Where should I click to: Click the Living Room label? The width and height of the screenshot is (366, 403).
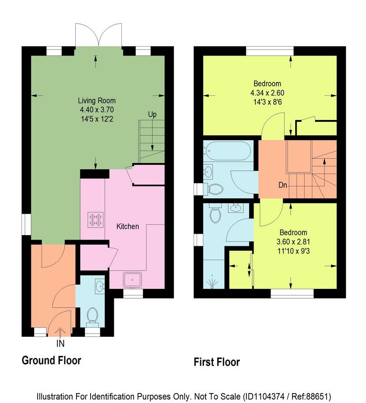click(97, 100)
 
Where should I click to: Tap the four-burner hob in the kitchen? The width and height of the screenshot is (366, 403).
click(95, 220)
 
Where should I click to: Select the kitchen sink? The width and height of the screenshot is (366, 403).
click(133, 280)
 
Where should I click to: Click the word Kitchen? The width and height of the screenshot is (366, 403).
click(128, 227)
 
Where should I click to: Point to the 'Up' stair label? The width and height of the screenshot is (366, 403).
click(152, 115)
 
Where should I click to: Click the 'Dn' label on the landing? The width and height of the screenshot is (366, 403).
click(283, 185)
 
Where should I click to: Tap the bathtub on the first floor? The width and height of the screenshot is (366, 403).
click(227, 151)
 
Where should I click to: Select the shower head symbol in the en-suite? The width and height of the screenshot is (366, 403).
click(212, 282)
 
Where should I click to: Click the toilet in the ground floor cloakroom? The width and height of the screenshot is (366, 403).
click(92, 315)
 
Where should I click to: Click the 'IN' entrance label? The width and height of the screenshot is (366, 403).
click(60, 343)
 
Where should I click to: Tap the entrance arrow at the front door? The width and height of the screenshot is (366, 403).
click(60, 332)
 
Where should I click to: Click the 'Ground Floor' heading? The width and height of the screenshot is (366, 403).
click(52, 360)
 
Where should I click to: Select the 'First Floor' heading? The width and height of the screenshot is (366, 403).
click(217, 362)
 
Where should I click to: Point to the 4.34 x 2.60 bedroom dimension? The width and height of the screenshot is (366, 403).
click(267, 93)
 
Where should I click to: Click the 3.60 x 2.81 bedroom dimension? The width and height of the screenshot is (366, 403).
click(293, 242)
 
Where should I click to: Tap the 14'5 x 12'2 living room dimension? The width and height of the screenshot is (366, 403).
click(97, 119)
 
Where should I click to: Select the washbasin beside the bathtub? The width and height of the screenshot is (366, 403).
click(208, 171)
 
